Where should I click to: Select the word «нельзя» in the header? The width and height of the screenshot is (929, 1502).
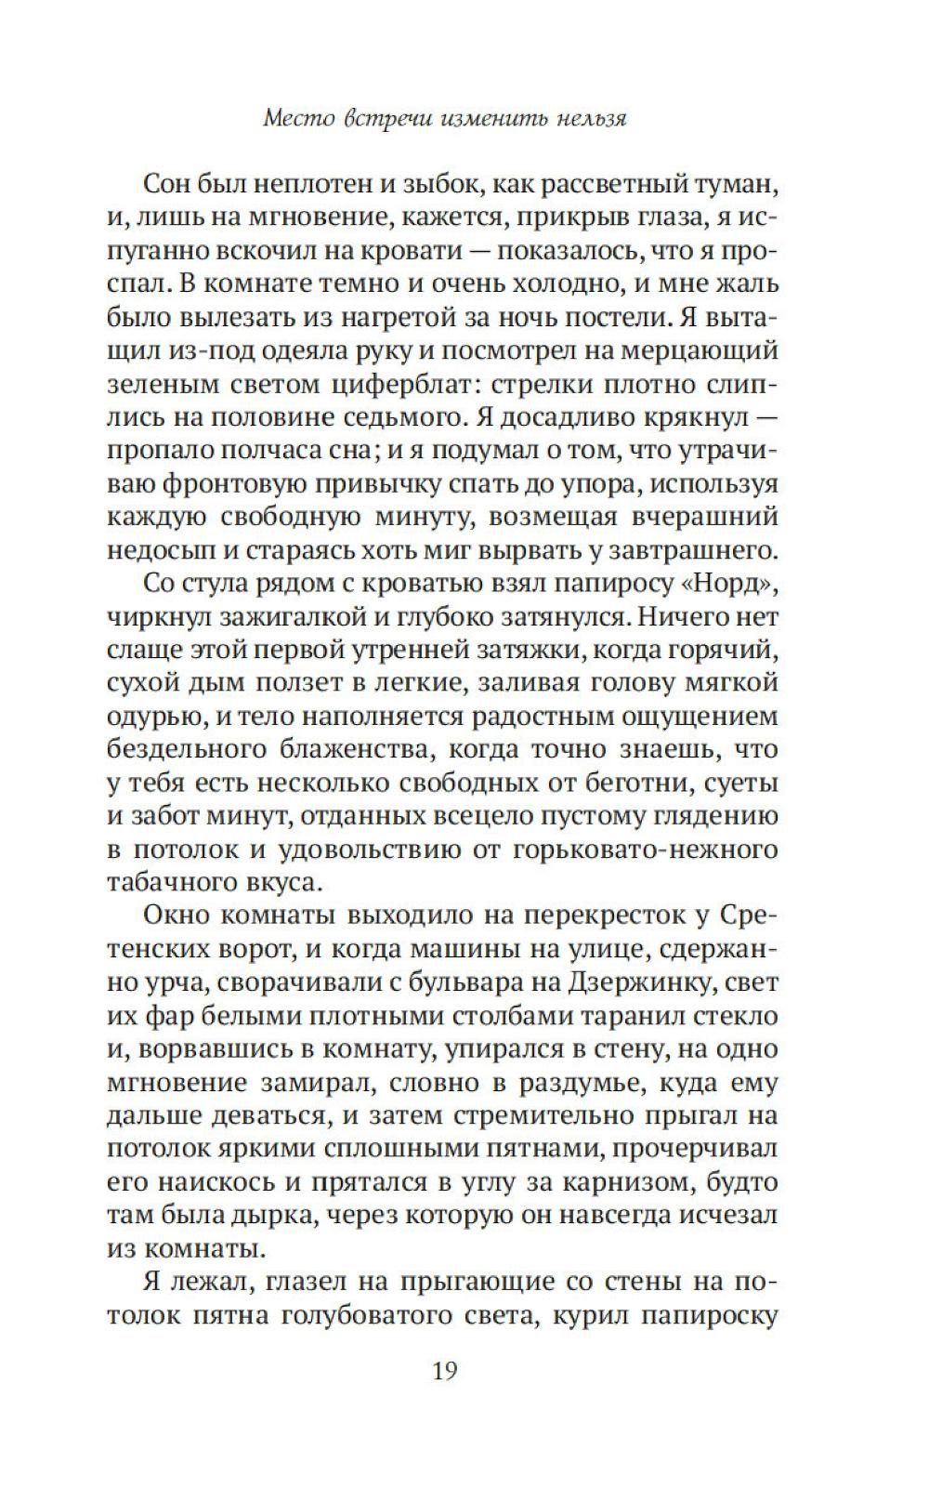585,119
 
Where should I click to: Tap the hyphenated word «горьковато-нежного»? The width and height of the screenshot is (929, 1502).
629,850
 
